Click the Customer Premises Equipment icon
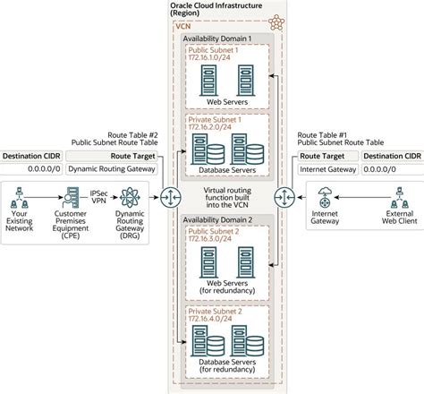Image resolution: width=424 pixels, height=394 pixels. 76,194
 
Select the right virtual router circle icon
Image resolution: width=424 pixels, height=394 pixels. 286,195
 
